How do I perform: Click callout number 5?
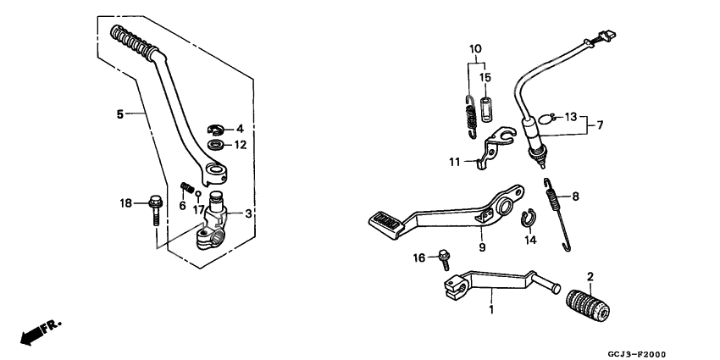(x=119, y=113)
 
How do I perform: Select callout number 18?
(x=125, y=203)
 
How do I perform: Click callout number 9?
(x=481, y=248)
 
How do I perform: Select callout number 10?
(x=475, y=48)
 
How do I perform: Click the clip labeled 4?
(x=216, y=130)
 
